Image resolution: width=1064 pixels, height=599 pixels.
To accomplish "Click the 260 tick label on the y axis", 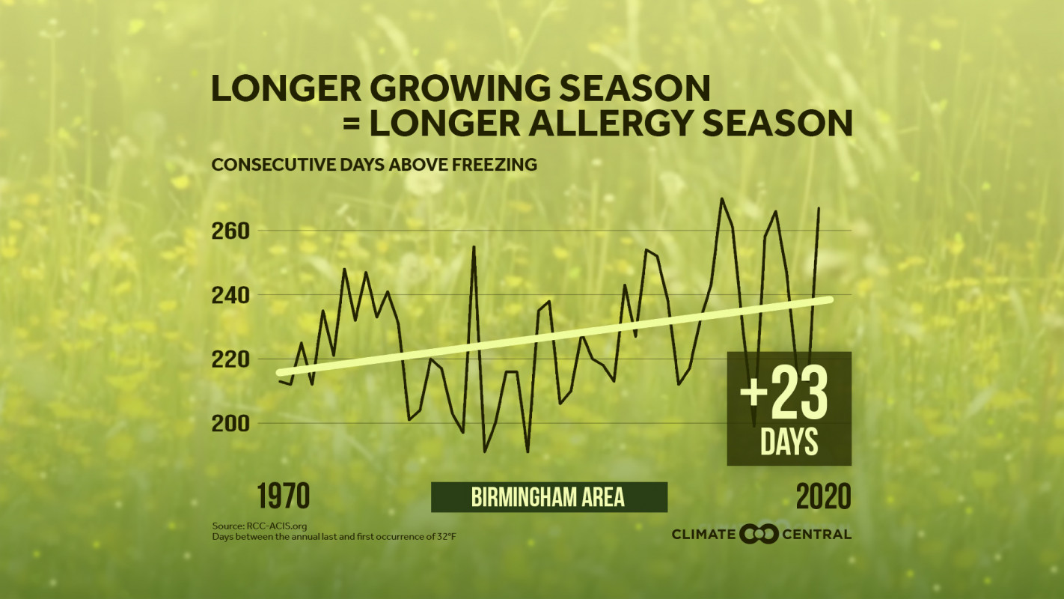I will click(230, 231).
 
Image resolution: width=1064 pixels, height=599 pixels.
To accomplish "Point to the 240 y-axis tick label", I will click(230, 295).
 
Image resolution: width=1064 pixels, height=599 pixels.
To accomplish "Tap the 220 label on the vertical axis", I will click(230, 359).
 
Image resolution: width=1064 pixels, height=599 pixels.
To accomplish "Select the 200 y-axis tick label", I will click(230, 424).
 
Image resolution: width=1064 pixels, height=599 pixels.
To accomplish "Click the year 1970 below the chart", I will click(284, 497).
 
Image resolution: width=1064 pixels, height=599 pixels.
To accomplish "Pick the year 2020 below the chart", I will click(823, 497).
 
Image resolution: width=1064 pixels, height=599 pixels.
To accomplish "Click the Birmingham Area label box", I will click(548, 497).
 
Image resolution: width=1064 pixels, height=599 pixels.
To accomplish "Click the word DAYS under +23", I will click(789, 443).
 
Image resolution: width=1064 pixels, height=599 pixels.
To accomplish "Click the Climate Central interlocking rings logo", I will click(759, 534).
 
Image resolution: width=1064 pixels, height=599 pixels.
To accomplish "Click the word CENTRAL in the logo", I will click(816, 535).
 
